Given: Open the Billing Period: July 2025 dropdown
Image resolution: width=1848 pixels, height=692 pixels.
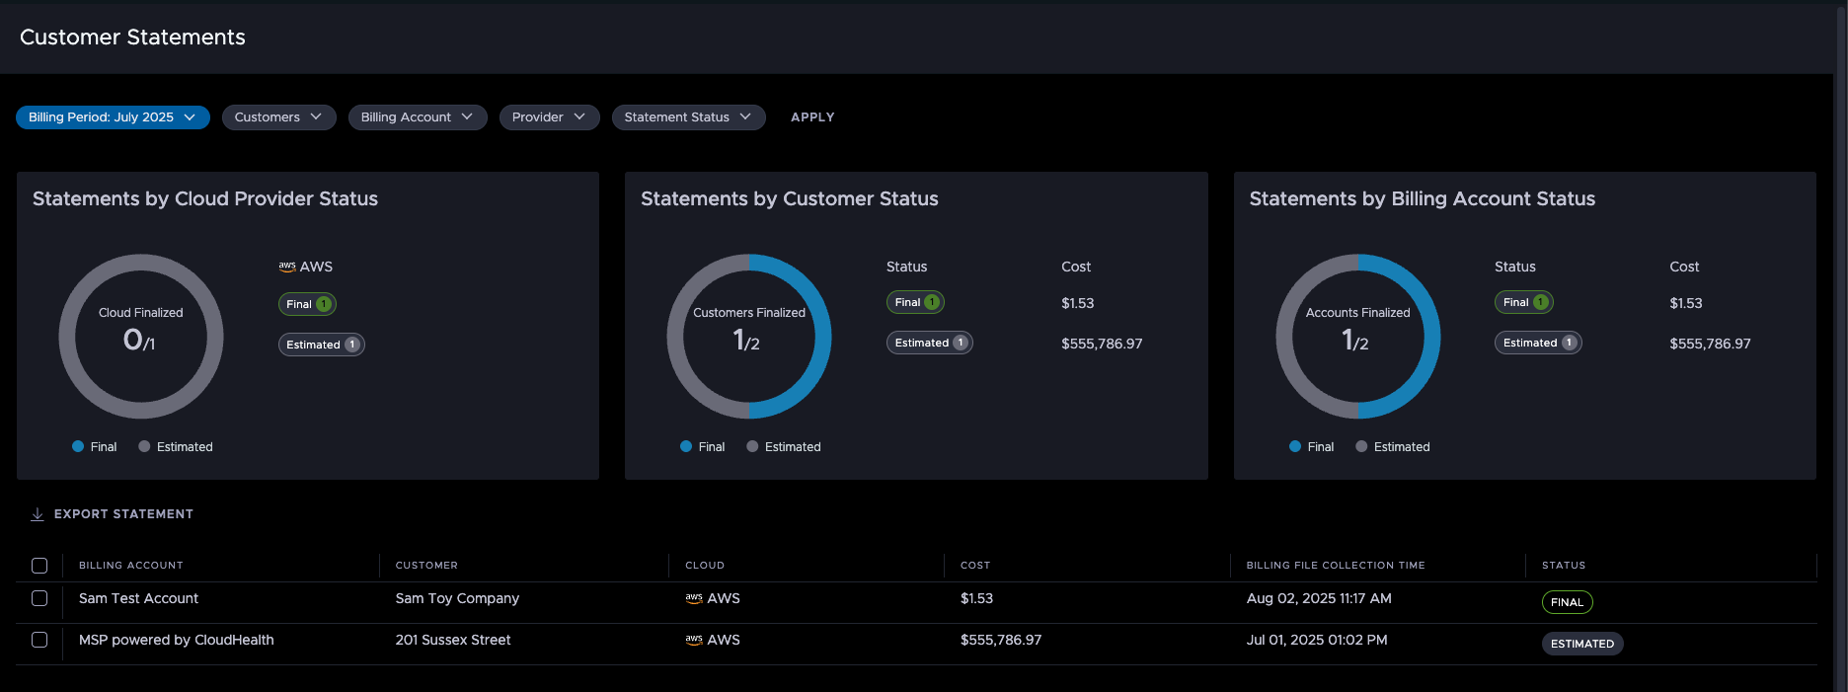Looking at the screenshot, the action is (113, 117).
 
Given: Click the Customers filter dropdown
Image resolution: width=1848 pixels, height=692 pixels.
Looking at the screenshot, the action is (278, 117).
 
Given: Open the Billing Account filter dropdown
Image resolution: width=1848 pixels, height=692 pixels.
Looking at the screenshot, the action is (417, 117).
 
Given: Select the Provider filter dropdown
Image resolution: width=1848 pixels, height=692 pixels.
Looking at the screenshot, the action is (549, 117).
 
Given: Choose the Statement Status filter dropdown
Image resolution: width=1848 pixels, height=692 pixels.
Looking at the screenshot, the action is (688, 117).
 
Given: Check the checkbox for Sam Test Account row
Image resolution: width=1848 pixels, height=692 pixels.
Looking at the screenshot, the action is (39, 598).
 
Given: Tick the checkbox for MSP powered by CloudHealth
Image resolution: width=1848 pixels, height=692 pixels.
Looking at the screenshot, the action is (39, 640).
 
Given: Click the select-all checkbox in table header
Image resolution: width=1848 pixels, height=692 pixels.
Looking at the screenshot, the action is (39, 566).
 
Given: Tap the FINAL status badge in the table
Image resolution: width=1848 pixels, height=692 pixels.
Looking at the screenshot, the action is (1567, 602).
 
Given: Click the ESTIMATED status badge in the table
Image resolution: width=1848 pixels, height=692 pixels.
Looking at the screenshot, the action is (1581, 644).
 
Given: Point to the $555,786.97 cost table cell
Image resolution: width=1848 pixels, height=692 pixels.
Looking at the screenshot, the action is (1000, 640).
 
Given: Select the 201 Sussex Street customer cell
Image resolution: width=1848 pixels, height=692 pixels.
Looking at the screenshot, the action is (453, 640).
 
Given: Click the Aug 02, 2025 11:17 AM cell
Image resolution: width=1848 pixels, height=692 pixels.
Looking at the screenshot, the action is (1318, 598).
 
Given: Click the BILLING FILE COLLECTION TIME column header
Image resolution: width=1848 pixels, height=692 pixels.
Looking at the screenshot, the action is (1335, 566).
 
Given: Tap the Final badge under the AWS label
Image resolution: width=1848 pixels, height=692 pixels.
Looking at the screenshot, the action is (307, 304).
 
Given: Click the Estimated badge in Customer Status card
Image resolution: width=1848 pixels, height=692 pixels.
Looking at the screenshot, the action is (929, 343).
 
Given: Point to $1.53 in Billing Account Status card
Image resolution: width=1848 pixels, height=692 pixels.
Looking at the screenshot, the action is (1685, 303).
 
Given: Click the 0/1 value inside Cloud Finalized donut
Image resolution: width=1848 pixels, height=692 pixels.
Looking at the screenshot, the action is (139, 341).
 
